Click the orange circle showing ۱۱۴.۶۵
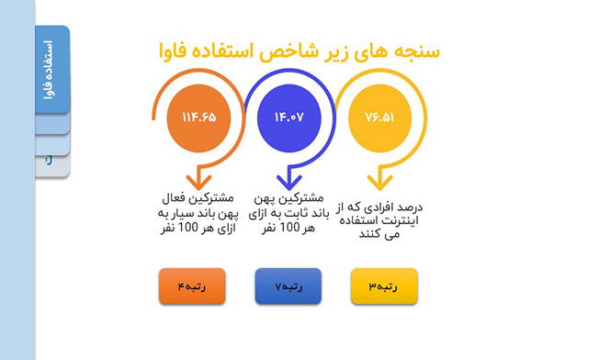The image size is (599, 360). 198,118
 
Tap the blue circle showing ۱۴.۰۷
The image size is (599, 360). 289,118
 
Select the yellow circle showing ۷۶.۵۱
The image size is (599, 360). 379,118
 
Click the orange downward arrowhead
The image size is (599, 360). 198,182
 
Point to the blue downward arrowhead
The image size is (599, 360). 289,182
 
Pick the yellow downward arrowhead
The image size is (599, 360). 379,182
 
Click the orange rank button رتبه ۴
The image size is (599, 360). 192,287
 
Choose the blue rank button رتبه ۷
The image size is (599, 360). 288,287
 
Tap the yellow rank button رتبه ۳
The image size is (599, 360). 384,287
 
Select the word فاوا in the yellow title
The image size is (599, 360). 173,51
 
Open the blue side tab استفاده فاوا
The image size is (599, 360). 52,70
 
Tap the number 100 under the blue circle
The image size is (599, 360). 290,227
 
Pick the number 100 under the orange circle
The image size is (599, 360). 188,227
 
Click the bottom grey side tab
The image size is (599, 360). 52,165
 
